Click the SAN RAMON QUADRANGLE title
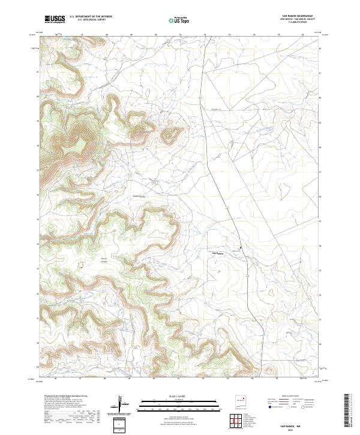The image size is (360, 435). click(298, 16)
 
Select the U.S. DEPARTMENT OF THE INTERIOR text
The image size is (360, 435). click(91, 16)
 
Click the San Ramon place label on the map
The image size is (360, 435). click(219, 253)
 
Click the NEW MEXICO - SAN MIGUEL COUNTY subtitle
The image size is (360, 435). click(298, 19)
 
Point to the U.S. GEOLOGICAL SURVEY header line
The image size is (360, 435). click(86, 19)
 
